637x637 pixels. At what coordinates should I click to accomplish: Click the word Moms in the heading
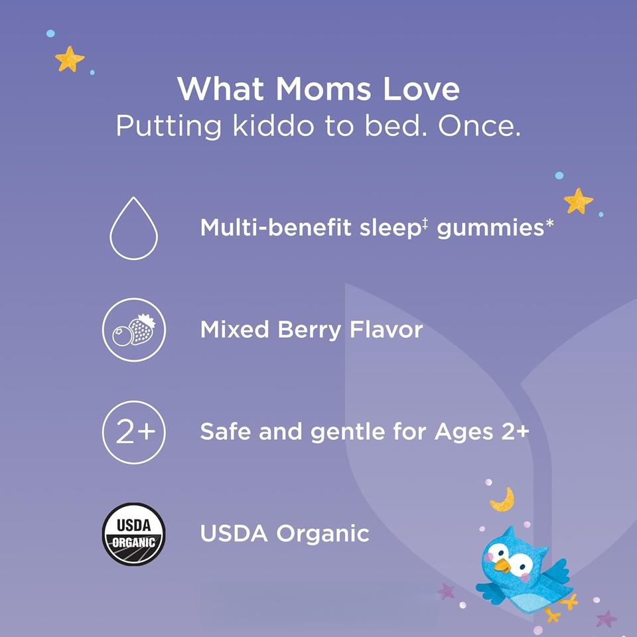pyautogui.click(x=323, y=89)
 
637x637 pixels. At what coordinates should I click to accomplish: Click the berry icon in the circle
pyautogui.click(x=134, y=330)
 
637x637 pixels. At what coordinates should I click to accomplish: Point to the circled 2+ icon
pyautogui.click(x=134, y=432)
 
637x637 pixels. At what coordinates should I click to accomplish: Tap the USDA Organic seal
pyautogui.click(x=133, y=533)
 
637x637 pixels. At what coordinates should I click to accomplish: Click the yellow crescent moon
pyautogui.click(x=503, y=500)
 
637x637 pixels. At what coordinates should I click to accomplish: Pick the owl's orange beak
pyautogui.click(x=503, y=565)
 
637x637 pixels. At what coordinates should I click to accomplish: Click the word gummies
pyautogui.click(x=490, y=228)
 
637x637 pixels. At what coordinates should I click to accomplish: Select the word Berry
pyautogui.click(x=309, y=330)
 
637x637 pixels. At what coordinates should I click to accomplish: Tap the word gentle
pyautogui.click(x=348, y=431)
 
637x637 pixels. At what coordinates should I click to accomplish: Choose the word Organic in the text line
pyautogui.click(x=323, y=533)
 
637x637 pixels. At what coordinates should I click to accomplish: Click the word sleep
pyautogui.click(x=389, y=228)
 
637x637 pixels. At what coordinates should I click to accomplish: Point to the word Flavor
pyautogui.click(x=386, y=330)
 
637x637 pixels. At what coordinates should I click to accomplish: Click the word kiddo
pyautogui.click(x=273, y=126)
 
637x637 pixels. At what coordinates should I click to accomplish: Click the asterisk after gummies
pyautogui.click(x=549, y=223)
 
